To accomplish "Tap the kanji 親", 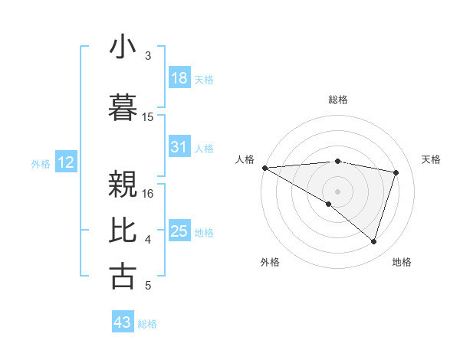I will (x=123, y=184).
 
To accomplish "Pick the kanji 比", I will (x=123, y=231).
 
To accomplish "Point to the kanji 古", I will (x=123, y=277).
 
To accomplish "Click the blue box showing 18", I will (x=179, y=78).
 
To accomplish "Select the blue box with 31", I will (x=179, y=147).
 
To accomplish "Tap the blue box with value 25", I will (x=179, y=231).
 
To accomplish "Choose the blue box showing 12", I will (x=66, y=162).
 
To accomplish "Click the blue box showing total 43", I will (x=123, y=322).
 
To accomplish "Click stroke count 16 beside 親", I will (x=149, y=194).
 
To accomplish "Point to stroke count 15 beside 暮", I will (x=149, y=117).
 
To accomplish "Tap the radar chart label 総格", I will (x=338, y=100).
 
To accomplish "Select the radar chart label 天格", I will (x=432, y=159).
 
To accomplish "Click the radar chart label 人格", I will (x=245, y=159).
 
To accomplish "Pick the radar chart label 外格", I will (x=270, y=262).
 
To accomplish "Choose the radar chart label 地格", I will (x=402, y=262).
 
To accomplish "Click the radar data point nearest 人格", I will (x=264, y=167).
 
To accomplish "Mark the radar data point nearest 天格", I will (x=396, y=172).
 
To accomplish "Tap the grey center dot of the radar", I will (x=337, y=190).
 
